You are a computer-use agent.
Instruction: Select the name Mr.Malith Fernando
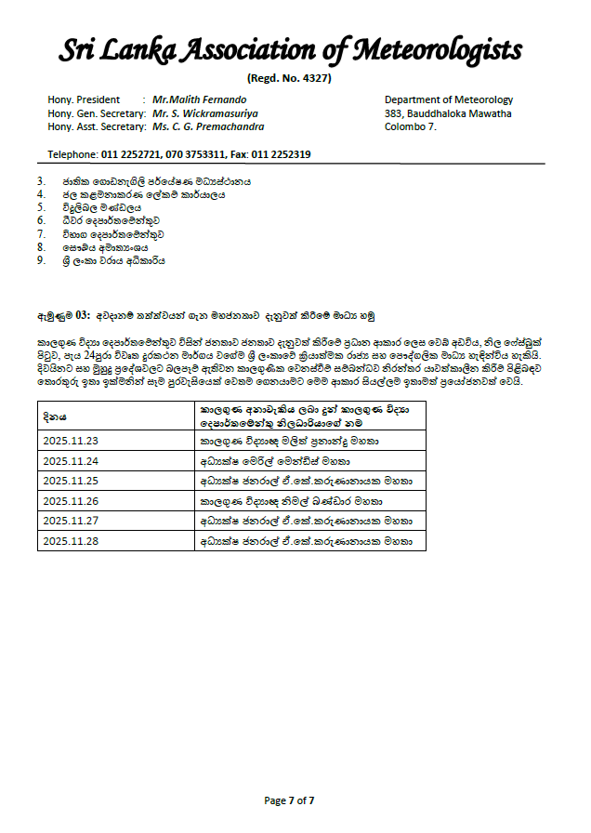200,99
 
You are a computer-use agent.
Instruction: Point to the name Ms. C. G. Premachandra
208,127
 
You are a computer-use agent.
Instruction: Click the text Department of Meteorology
448,99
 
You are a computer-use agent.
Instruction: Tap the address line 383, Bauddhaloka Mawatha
448,113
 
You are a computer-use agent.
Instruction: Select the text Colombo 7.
411,127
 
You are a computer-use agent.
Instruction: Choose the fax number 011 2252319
281,154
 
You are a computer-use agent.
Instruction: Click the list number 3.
41,181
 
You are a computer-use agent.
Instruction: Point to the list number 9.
41,261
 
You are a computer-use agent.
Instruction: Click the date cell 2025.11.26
70,501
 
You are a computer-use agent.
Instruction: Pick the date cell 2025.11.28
70,540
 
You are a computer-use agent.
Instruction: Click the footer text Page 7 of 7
289,800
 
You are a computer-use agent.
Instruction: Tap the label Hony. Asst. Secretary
94,127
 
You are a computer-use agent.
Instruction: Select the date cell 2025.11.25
70,482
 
